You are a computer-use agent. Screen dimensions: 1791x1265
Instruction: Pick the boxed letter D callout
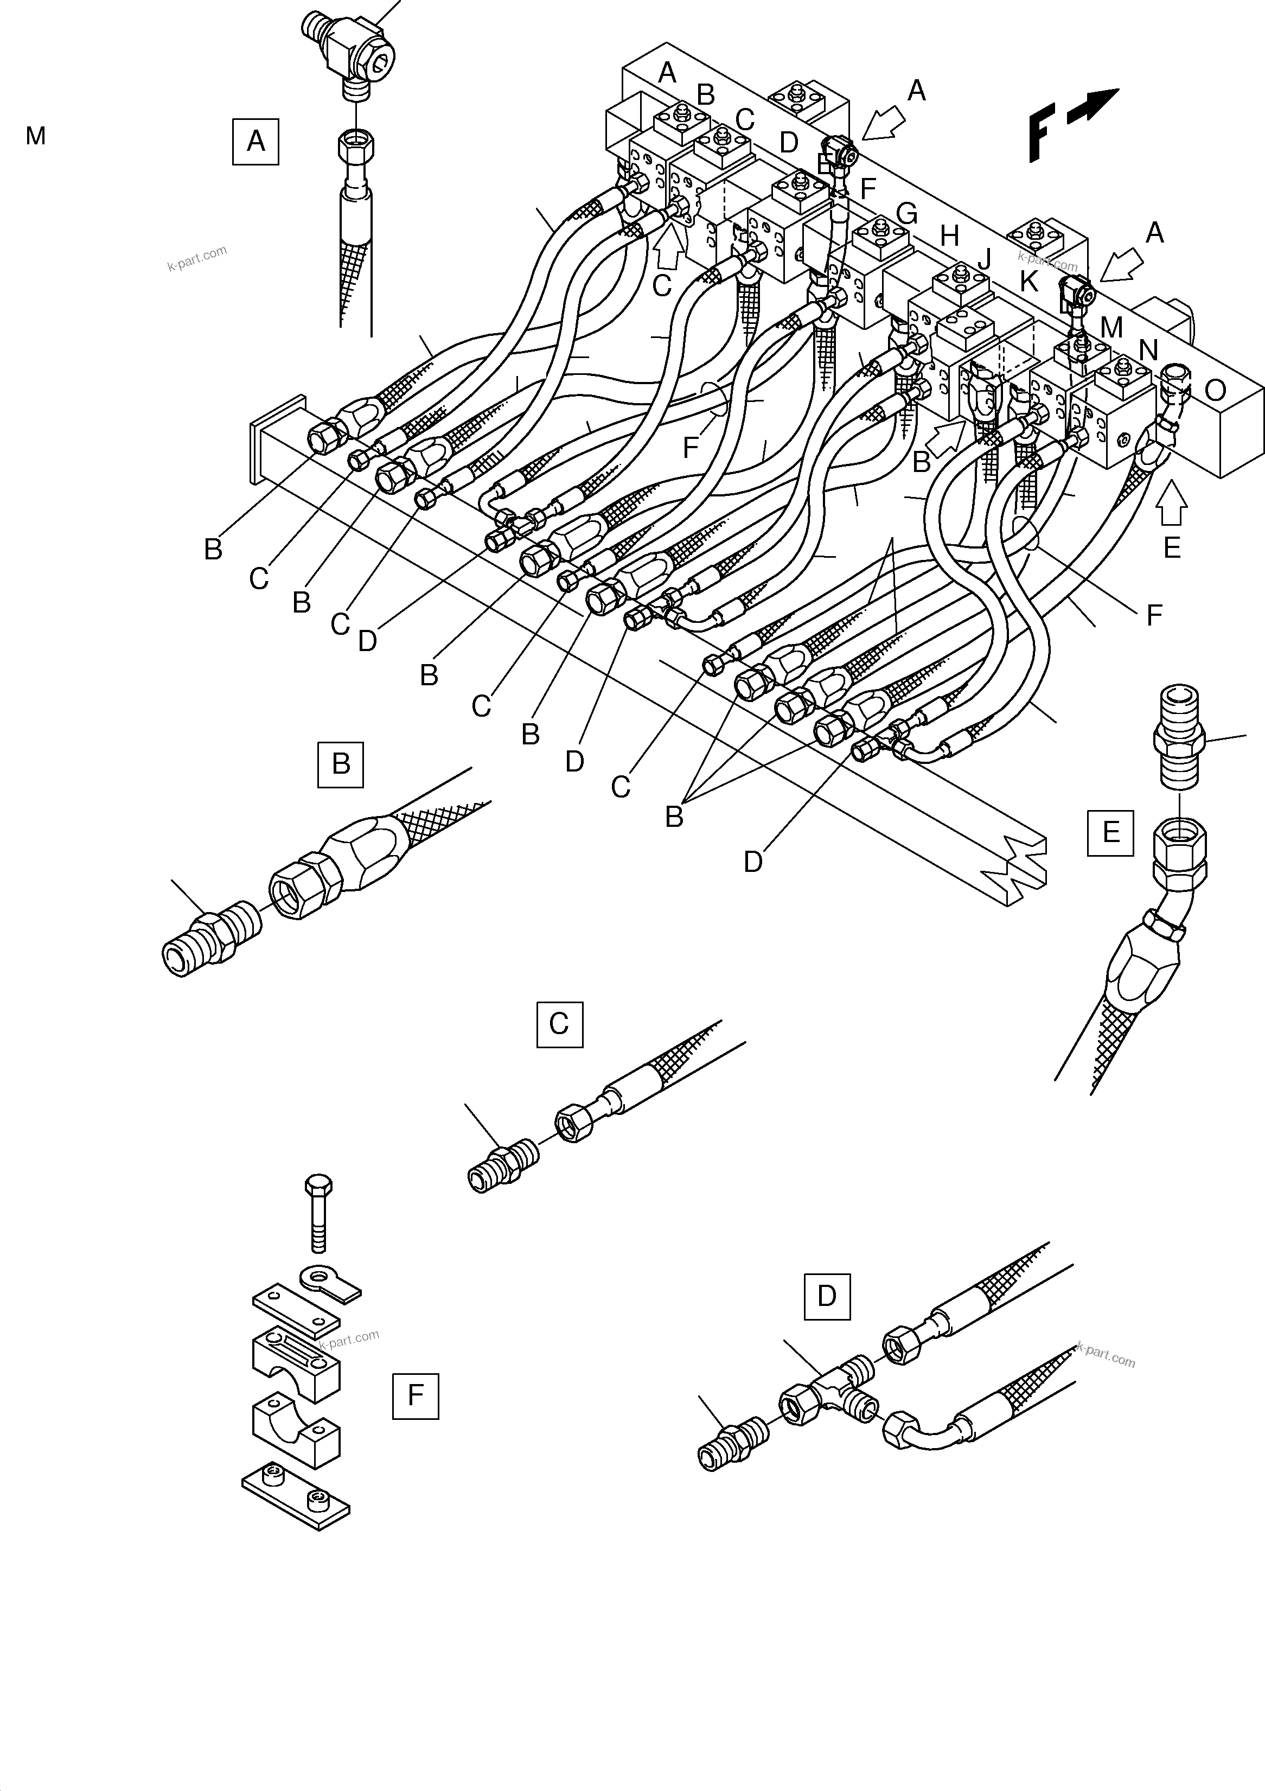pyautogui.click(x=827, y=1296)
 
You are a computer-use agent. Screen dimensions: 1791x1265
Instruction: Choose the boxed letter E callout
pyautogui.click(x=1110, y=832)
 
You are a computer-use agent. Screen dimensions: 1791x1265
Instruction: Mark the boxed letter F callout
pyautogui.click(x=415, y=1395)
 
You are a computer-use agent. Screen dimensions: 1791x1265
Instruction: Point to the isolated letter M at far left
pyautogui.click(x=35, y=137)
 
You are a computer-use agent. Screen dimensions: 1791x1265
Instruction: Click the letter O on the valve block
pyautogui.click(x=1215, y=390)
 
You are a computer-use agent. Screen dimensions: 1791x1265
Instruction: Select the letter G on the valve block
pyautogui.click(x=907, y=214)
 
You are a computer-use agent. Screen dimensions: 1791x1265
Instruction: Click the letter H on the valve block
pyautogui.click(x=949, y=235)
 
